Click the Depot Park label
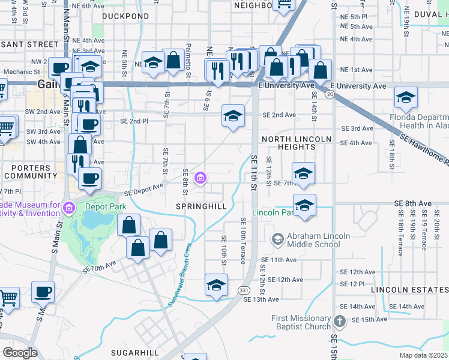(x=105, y=206)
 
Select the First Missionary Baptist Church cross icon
(x=339, y=322)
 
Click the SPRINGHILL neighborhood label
(x=201, y=206)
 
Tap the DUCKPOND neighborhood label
(x=125, y=16)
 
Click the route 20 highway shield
(x=330, y=95)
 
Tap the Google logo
(x=20, y=352)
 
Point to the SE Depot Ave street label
(x=144, y=190)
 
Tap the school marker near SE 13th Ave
(x=216, y=284)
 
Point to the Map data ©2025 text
(x=423, y=355)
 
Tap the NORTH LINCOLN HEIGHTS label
(x=297, y=143)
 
